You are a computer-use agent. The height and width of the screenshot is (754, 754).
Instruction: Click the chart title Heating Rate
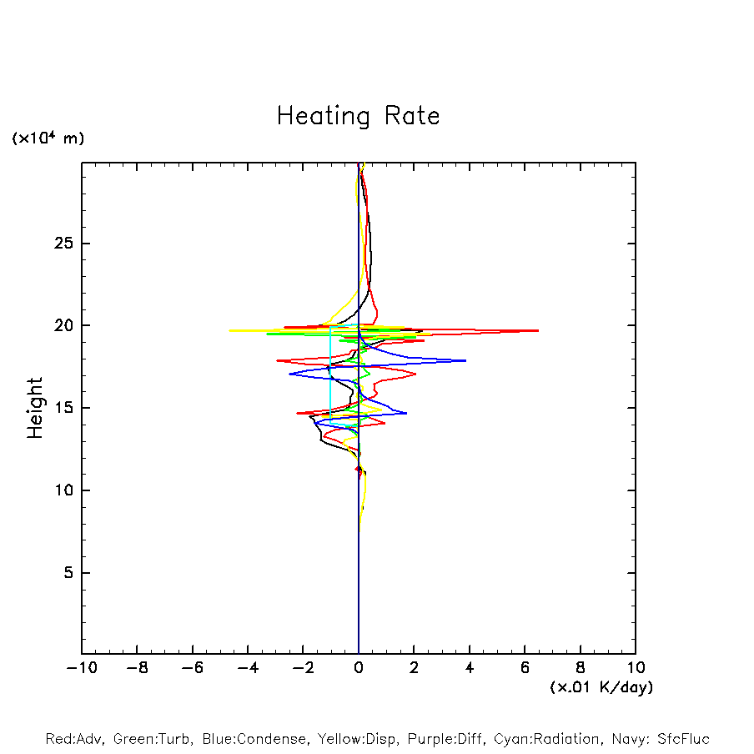(358, 116)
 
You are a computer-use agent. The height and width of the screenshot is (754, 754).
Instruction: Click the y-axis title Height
(35, 408)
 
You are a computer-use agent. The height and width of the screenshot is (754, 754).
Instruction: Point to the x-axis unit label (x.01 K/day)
(601, 687)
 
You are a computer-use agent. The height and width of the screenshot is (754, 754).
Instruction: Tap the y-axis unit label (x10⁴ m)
(48, 138)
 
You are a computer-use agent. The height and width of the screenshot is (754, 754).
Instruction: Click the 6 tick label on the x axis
(525, 668)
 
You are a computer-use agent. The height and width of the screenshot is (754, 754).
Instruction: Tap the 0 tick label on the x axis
(359, 668)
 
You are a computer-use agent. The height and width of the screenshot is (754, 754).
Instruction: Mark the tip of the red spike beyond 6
(538, 331)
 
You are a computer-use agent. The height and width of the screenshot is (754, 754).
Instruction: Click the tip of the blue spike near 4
(465, 360)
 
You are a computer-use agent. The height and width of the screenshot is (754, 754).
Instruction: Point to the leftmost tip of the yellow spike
(229, 330)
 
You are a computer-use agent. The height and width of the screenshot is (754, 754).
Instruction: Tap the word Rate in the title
(410, 116)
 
